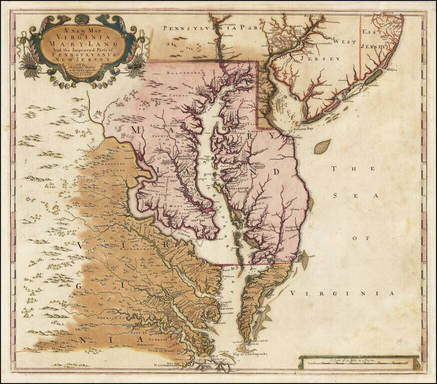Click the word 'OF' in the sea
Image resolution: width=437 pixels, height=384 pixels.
tap(356, 238)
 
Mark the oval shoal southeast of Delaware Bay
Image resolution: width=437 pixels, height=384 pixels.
tap(322, 146)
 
